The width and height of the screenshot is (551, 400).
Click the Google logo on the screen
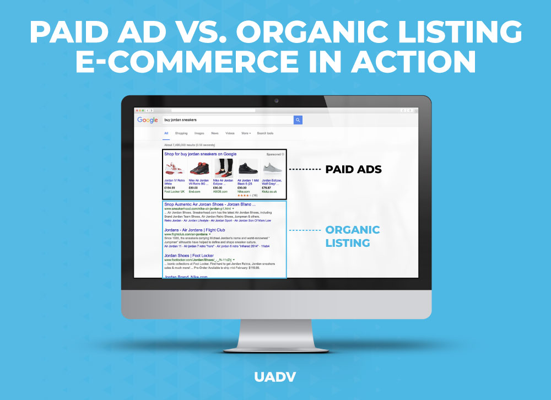148,120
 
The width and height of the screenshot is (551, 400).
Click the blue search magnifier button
298,120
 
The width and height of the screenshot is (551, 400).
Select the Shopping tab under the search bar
181,133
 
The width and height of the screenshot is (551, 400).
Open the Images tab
199,133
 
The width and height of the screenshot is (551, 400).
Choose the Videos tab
230,133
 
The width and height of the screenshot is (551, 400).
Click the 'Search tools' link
265,133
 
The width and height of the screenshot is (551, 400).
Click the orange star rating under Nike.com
244,195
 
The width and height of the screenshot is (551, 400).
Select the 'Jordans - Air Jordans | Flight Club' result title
195,230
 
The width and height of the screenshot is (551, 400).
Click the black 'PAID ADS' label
353,169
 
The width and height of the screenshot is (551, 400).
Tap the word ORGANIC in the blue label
353,230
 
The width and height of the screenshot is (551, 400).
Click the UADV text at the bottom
275,377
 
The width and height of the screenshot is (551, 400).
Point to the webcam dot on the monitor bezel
276,101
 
